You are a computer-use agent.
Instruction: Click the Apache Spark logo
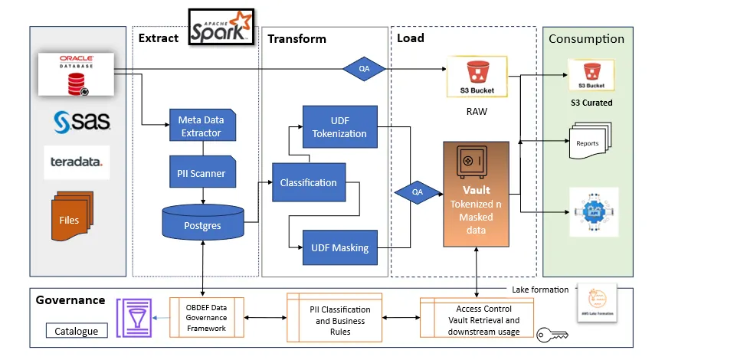coord(221,26)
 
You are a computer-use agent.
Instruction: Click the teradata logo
coord(76,162)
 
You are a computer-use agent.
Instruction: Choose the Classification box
coord(308,182)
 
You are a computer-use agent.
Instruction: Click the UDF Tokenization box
coord(339,126)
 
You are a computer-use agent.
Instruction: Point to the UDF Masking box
coord(339,247)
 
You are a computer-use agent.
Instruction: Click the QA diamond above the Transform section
coord(365,67)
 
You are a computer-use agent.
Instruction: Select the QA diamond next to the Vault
coord(418,193)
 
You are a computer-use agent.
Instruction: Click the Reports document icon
coord(590,143)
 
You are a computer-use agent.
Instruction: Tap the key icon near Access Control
coord(551,335)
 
